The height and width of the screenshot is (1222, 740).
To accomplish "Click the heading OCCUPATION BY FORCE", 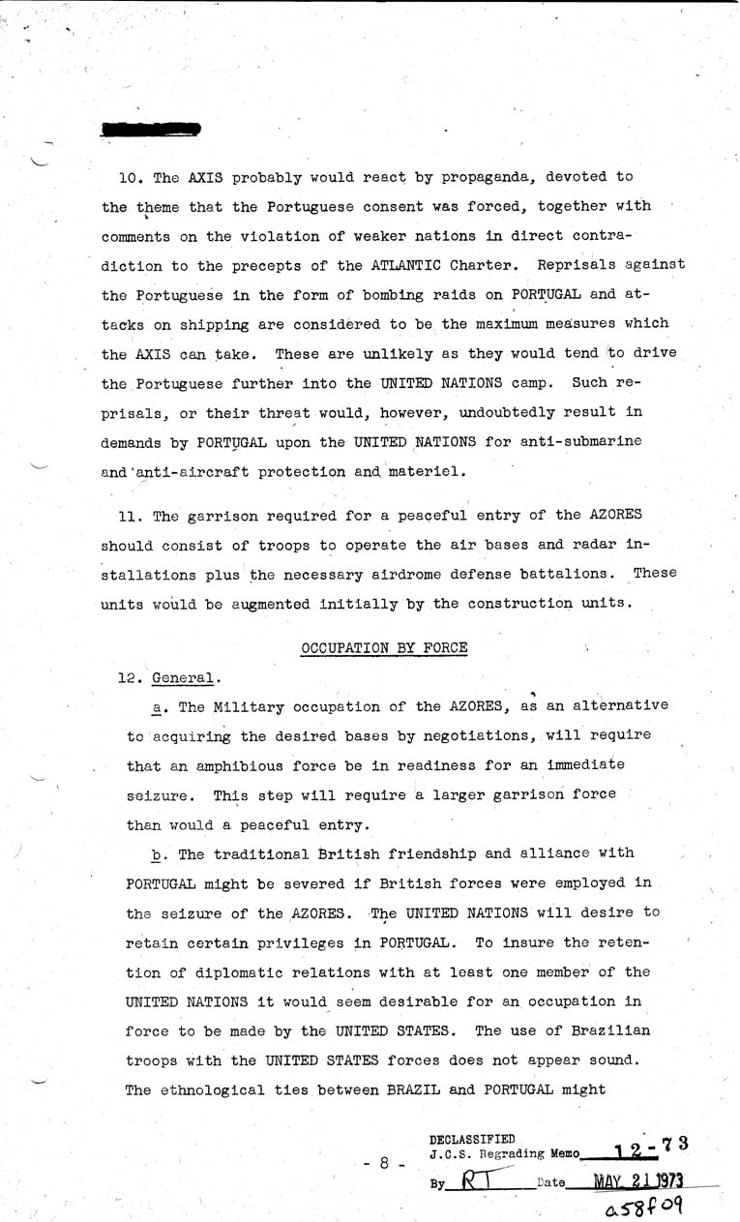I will pyautogui.click(x=384, y=647).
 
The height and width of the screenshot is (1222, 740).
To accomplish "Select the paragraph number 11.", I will pyautogui.click(x=129, y=515).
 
